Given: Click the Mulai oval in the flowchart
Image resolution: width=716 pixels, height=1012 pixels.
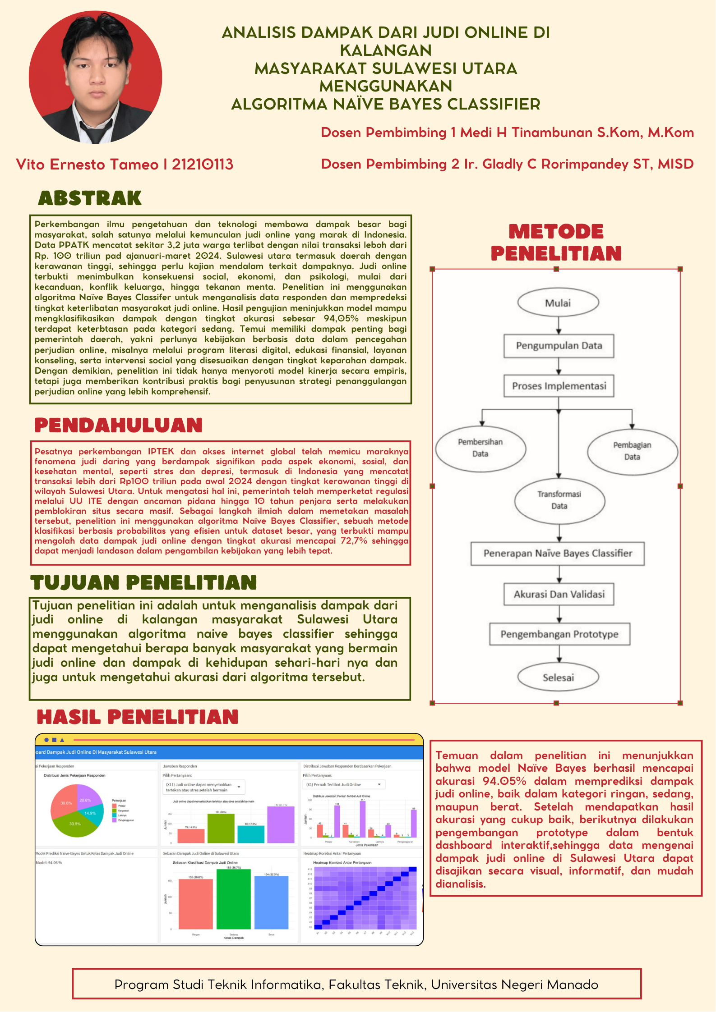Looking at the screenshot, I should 558,303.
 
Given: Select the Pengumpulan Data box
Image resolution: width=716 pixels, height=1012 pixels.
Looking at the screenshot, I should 559,346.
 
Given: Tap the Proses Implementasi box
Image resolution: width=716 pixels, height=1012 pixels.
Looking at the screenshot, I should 559,386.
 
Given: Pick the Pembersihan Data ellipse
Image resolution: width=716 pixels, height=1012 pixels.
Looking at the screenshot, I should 480,448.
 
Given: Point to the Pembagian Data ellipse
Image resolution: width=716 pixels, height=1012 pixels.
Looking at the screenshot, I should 632,451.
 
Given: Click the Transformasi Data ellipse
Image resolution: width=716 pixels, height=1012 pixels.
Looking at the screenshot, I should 559,500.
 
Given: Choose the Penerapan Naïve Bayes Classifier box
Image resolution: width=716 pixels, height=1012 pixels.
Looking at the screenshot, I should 558,554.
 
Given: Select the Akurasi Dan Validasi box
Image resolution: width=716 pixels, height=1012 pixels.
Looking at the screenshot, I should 559,594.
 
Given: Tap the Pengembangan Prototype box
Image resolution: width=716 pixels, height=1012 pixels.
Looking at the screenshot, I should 559,634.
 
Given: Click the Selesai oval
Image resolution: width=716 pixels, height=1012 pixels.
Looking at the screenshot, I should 558,678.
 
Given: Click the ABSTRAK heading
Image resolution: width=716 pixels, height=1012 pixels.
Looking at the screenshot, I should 90,198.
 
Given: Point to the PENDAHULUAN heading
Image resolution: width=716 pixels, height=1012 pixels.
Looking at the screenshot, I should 118,425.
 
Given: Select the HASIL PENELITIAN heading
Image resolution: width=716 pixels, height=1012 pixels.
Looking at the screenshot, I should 138,717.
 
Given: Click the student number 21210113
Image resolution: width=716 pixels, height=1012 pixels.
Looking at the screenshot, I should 203,165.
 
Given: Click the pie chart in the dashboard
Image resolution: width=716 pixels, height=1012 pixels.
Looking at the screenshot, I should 77,811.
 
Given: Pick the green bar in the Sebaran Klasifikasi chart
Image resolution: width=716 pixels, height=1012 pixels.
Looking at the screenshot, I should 233,899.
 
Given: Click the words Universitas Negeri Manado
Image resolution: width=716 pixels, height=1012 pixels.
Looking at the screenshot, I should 514,985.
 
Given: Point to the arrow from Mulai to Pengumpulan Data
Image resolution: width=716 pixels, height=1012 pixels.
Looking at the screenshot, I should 559,325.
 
